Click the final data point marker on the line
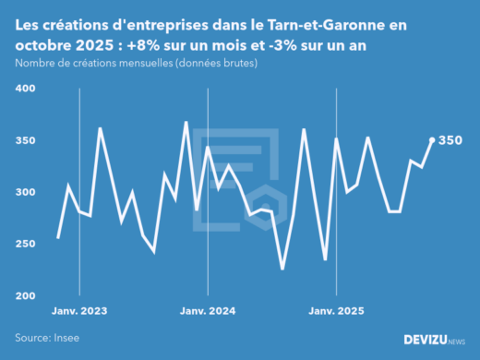point(432,140)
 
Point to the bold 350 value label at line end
point(450,140)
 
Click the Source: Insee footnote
point(47,338)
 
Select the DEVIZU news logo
point(435,340)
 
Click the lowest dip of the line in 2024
point(282,269)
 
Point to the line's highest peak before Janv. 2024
point(186,122)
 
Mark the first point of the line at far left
point(58,238)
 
